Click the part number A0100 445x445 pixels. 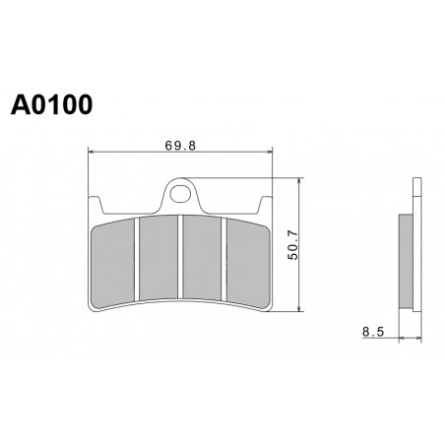pyautogui.click(x=51, y=104)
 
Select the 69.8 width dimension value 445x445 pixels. pyautogui.click(x=180, y=146)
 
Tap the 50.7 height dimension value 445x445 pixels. pyautogui.click(x=293, y=245)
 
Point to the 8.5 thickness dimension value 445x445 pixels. pyautogui.click(x=373, y=332)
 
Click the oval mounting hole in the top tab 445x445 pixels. pyautogui.click(x=180, y=194)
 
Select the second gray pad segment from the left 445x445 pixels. pyautogui.click(x=159, y=258)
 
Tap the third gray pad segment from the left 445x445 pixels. pyautogui.click(x=202, y=258)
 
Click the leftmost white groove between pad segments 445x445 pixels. pyautogui.click(x=137, y=259)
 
